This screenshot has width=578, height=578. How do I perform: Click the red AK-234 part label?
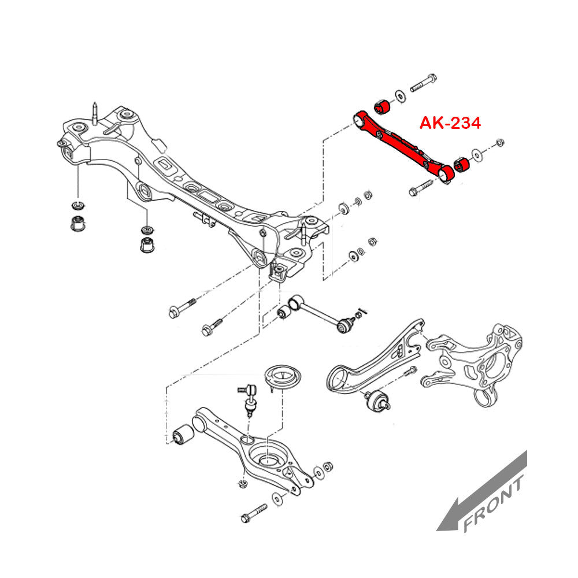tap(450, 123)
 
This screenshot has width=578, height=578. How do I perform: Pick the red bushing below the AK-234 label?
tap(462, 164)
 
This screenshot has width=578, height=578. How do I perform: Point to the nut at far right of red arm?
tap(501, 142)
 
